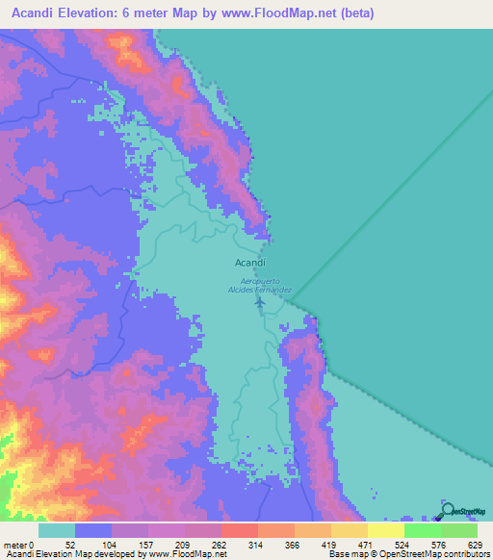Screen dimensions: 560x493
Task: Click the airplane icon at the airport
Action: tap(260, 303)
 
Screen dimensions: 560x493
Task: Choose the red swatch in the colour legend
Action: tap(239, 530)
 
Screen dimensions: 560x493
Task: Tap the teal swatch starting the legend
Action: tap(57, 530)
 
